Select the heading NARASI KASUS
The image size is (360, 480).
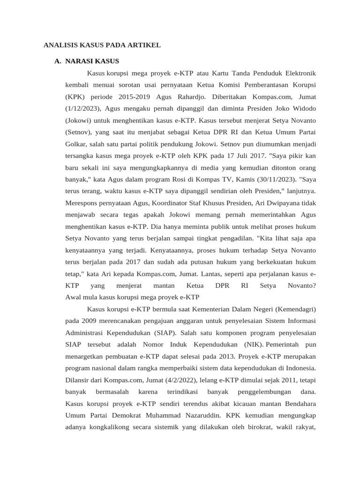pyautogui.click(x=92, y=61)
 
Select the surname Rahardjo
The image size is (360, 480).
pyautogui.click(x=187, y=97)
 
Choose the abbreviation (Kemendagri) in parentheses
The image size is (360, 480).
pyautogui.click(x=296, y=309)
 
